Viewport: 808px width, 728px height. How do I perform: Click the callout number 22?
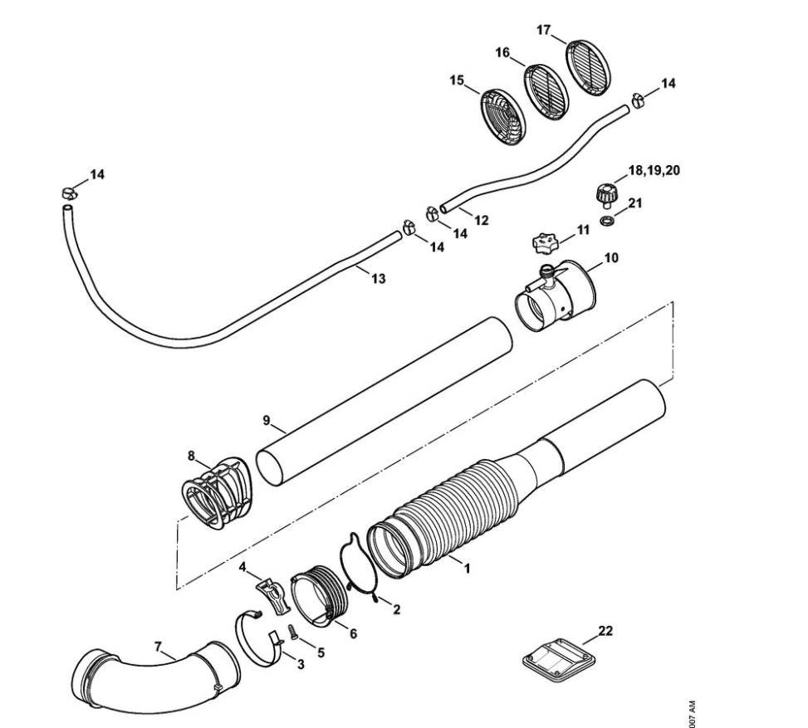pyautogui.click(x=606, y=632)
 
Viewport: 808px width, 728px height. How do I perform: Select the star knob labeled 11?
pyautogui.click(x=547, y=244)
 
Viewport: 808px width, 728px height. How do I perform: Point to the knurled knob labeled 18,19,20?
pyautogui.click(x=604, y=195)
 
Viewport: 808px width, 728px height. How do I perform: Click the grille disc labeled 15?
pyautogui.click(x=503, y=117)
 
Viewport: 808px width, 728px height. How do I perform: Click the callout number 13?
pyautogui.click(x=378, y=279)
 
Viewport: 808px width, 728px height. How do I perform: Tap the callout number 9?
pyautogui.click(x=267, y=421)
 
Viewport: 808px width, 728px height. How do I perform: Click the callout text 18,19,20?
pyautogui.click(x=654, y=170)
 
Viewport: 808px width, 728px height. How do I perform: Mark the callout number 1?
pyautogui.click(x=467, y=569)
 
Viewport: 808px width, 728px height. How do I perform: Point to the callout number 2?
pyautogui.click(x=396, y=610)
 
